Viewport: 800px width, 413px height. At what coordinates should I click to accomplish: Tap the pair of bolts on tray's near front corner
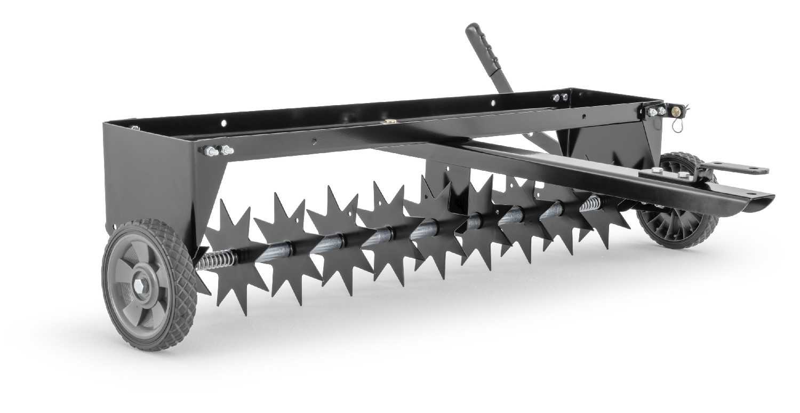tap(217, 151)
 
